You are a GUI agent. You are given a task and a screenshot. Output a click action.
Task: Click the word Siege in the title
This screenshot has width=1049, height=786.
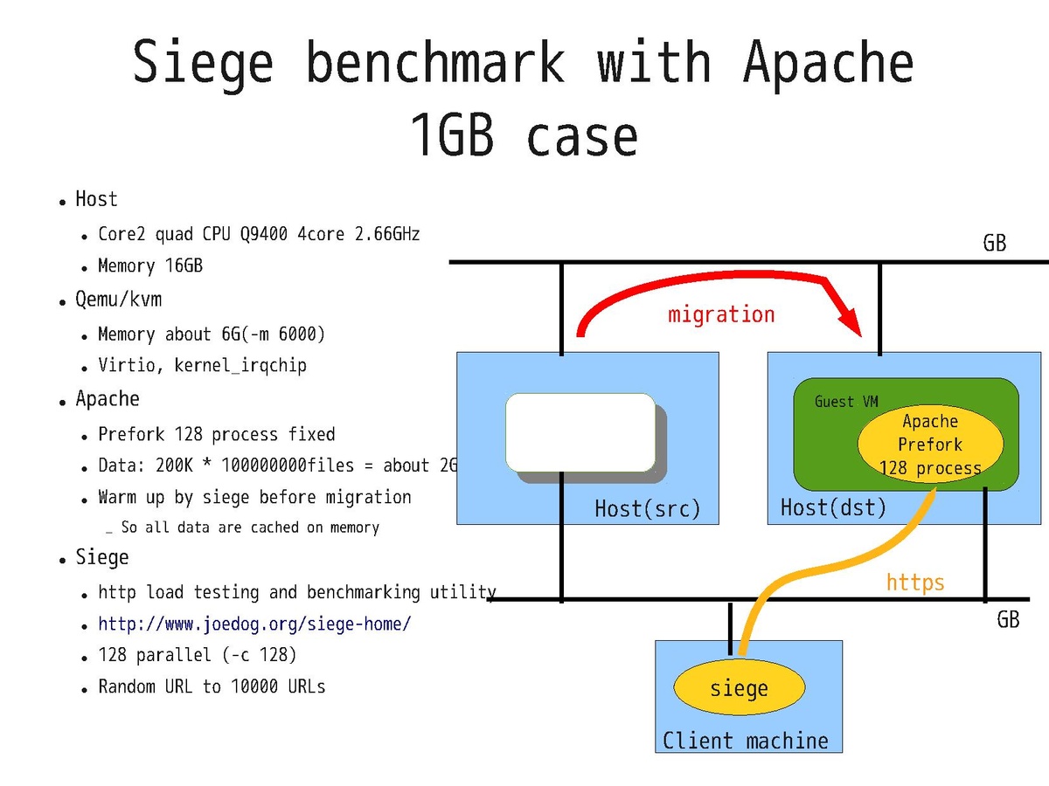pos(204,63)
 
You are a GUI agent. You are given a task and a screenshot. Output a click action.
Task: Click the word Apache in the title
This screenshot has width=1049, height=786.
pos(828,63)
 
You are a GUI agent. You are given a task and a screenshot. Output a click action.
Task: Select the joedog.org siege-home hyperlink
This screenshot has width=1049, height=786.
pos(254,624)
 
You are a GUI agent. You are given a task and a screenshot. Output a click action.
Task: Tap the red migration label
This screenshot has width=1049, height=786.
pos(721,314)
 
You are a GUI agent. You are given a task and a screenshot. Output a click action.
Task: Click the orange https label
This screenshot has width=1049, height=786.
pos(915,583)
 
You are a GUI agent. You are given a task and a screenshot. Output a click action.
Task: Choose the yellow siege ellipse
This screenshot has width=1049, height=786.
pos(739,689)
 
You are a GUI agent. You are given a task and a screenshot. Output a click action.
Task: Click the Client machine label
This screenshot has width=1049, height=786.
pos(746,741)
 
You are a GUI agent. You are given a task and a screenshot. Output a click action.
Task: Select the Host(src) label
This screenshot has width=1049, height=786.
pos(648,508)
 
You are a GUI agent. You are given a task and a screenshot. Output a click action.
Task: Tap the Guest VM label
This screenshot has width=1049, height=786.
pos(846,402)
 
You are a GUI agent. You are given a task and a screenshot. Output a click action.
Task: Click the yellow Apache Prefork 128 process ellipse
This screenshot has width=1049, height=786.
pos(930,445)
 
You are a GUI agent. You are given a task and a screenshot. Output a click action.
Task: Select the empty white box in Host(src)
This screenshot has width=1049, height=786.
pos(580,433)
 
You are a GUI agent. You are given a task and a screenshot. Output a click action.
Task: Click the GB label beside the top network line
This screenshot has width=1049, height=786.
pos(995,243)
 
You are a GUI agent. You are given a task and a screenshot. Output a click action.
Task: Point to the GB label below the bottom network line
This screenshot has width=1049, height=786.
pos(1008,619)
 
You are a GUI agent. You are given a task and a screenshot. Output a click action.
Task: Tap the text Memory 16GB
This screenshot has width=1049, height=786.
pos(150,265)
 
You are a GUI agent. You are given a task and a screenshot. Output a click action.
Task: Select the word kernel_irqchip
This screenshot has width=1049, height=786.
pos(240,365)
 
